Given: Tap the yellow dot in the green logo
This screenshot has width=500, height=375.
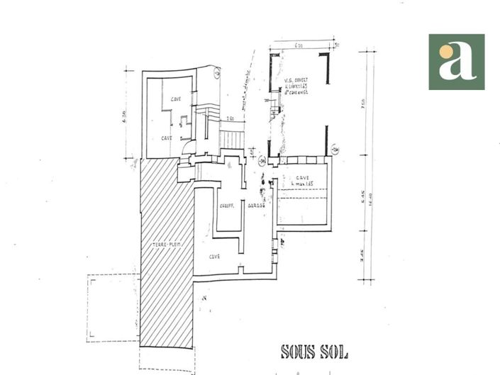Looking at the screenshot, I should point(445,51).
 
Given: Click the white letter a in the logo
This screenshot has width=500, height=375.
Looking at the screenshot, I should point(457,62).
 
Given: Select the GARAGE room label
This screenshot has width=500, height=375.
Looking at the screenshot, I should point(255,207).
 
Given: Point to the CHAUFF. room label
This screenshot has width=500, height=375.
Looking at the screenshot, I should point(226,207).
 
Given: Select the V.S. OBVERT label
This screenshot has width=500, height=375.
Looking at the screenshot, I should point(294,81).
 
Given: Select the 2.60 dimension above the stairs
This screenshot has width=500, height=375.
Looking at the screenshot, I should point(230,118).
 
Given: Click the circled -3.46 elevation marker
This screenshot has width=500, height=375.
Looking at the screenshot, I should point(262,161).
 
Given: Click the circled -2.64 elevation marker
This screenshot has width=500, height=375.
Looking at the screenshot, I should point(335,150).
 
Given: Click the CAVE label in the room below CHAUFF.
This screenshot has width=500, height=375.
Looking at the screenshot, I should point(214,256).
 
